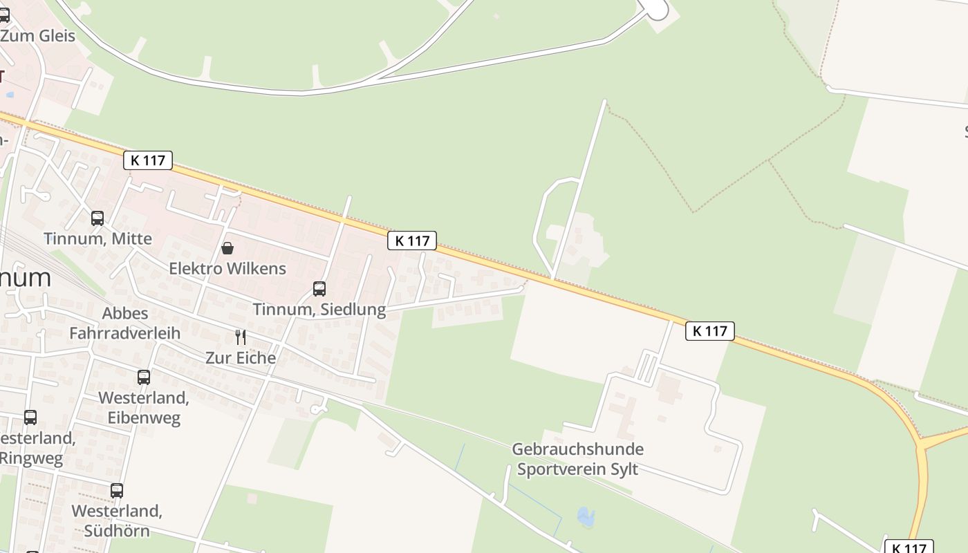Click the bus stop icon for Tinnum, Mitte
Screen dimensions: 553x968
click(97, 218)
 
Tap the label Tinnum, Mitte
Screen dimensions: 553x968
click(97, 239)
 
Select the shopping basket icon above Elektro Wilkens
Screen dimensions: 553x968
click(227, 248)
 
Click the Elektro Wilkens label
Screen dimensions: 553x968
click(227, 268)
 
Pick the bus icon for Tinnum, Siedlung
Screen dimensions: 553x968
click(319, 289)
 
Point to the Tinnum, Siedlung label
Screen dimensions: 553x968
click(319, 309)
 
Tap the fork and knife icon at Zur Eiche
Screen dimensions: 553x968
click(241, 337)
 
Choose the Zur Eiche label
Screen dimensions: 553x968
click(241, 357)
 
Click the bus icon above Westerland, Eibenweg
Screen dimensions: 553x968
click(144, 377)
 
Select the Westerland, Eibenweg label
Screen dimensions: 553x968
click(144, 408)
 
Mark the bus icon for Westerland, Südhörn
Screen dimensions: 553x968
click(117, 491)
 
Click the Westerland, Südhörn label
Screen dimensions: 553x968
click(117, 521)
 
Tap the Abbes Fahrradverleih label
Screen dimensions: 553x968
click(125, 323)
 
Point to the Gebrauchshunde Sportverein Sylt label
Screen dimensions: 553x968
click(577, 459)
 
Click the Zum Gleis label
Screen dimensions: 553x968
click(38, 36)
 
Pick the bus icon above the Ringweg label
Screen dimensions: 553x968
click(30, 418)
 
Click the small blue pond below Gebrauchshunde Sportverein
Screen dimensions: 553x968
click(586, 516)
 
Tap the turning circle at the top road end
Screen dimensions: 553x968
click(656, 9)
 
